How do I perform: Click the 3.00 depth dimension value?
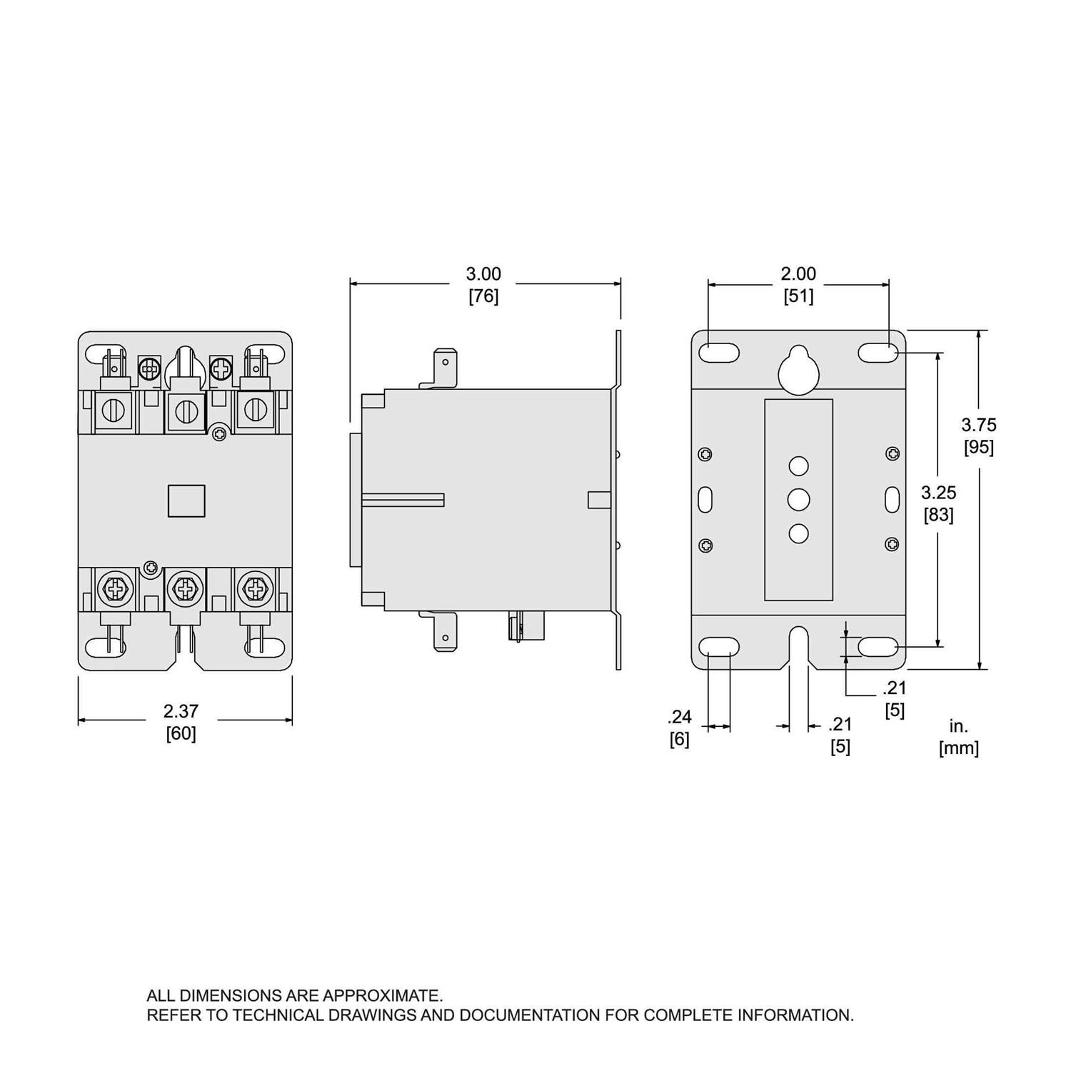(x=483, y=273)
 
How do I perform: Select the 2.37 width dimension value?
(x=181, y=711)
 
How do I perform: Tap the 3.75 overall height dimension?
(x=978, y=425)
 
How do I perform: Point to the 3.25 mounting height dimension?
(x=938, y=493)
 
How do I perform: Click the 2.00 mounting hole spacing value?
(x=798, y=273)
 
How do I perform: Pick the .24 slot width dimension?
(x=679, y=717)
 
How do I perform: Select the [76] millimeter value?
(x=483, y=296)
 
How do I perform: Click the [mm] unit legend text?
(x=958, y=748)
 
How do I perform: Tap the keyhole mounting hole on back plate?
(x=798, y=370)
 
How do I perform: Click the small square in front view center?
(x=186, y=501)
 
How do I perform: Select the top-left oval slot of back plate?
(x=719, y=352)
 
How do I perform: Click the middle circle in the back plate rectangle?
(x=798, y=499)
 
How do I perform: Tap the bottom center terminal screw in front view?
(x=185, y=588)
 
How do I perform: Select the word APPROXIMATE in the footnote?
(x=382, y=995)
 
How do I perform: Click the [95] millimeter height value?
(x=978, y=447)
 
